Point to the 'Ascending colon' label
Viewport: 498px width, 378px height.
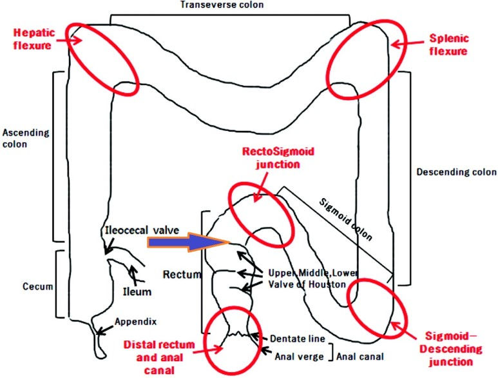[x=25, y=138]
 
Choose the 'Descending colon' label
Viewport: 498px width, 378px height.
[x=457, y=172]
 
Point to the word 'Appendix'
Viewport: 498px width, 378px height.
[x=135, y=321]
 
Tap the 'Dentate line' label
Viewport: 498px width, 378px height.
[x=292, y=337]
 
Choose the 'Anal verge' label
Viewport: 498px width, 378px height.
[x=297, y=355]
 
